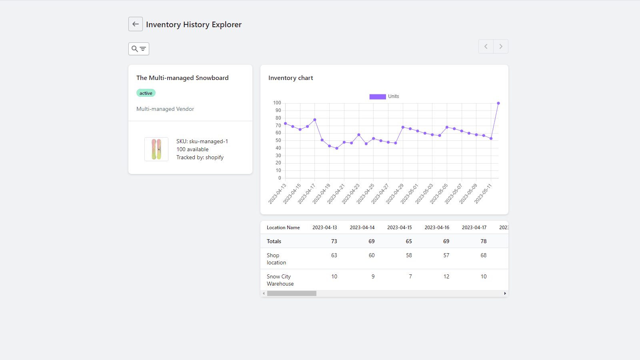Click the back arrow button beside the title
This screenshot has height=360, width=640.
136,24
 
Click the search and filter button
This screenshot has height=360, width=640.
139,49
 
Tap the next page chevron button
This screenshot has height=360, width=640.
501,46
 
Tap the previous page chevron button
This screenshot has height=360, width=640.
486,46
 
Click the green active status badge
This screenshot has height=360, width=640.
146,93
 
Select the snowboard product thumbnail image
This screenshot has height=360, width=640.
156,149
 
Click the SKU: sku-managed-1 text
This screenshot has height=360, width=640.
202,141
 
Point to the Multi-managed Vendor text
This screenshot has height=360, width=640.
165,109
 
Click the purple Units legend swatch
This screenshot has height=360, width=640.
377,96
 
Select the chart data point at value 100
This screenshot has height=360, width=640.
498,103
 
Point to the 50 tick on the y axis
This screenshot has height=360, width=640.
278,140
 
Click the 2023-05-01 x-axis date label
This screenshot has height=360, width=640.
410,194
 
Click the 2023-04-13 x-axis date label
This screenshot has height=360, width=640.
277,194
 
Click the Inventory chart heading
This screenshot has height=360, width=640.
291,78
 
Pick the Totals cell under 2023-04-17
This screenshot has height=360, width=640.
483,241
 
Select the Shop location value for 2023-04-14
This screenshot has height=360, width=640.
372,255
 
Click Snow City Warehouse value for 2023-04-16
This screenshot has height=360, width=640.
446,276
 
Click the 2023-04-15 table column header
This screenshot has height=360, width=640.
399,227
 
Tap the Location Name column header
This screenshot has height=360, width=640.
283,227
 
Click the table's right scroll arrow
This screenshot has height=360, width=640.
505,294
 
